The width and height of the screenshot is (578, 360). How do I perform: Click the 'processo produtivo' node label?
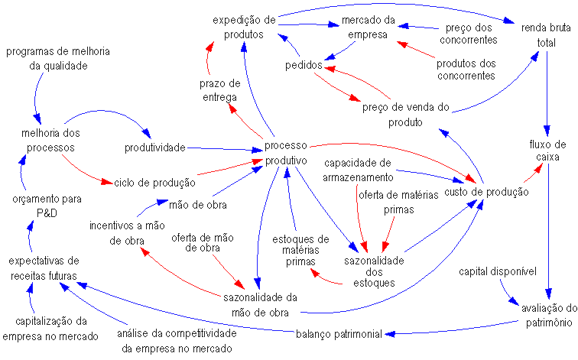[286, 153]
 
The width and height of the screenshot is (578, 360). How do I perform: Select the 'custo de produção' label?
[486, 192]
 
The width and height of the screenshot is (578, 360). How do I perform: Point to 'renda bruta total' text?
[546, 36]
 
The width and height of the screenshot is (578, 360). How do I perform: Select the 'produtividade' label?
[155, 146]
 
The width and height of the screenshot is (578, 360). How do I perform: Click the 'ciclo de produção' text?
[154, 183]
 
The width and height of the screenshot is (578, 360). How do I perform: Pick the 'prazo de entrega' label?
[219, 90]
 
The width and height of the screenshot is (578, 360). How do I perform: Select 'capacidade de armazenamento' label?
[358, 170]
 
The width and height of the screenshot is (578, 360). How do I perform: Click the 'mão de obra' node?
[197, 204]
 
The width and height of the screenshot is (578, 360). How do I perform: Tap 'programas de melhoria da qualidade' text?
[57, 59]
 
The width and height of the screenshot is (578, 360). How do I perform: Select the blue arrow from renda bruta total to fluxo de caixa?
[547, 92]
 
